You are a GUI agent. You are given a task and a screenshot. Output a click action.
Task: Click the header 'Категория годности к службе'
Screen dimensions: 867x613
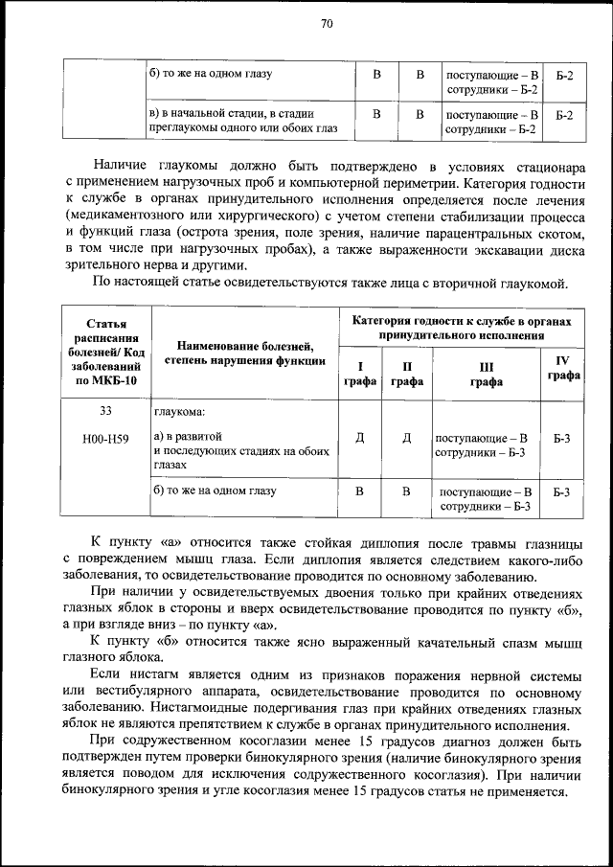(x=461, y=327)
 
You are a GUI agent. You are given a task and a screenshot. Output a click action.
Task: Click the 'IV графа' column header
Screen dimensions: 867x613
(x=563, y=368)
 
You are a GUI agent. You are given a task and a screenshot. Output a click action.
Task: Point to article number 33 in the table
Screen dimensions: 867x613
(x=106, y=412)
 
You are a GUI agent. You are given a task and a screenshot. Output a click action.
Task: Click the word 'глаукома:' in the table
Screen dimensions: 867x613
(x=179, y=413)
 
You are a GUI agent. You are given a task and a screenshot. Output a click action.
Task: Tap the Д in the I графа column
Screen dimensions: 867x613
(x=360, y=439)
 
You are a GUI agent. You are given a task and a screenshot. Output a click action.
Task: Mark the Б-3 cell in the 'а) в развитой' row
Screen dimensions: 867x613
(x=563, y=439)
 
